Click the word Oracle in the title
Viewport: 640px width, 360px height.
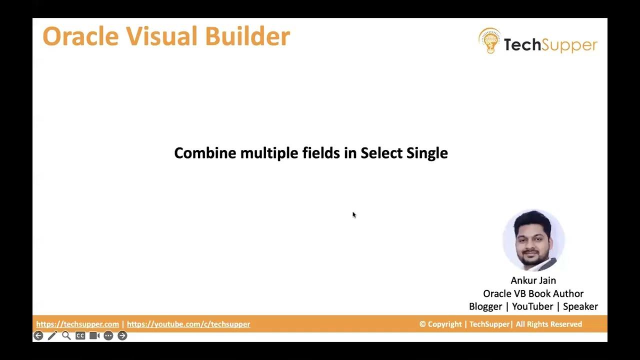pyautogui.click(x=80, y=36)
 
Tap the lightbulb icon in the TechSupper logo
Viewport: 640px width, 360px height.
pyautogui.click(x=489, y=41)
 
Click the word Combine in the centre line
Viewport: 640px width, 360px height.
pyautogui.click(x=205, y=153)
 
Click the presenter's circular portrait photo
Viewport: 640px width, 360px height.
pyautogui.click(x=533, y=240)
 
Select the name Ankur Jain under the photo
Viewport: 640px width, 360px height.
pyautogui.click(x=533, y=280)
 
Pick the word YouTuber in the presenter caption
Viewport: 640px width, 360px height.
pyautogui.click(x=532, y=306)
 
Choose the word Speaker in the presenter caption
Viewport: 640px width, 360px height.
pyautogui.click(x=580, y=306)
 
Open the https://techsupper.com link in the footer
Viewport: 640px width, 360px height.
pyautogui.click(x=77, y=324)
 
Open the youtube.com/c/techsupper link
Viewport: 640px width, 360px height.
pyautogui.click(x=188, y=324)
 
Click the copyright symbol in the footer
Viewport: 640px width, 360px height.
pyautogui.click(x=422, y=324)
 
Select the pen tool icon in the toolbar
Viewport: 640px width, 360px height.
pyautogui.click(x=52, y=335)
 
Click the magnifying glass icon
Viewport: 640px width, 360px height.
pyautogui.click(x=66, y=335)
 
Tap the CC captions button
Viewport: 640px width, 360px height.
pyautogui.click(x=80, y=335)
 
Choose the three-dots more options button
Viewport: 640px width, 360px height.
pyautogui.click(x=108, y=335)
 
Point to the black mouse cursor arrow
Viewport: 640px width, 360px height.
pyautogui.click(x=354, y=215)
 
